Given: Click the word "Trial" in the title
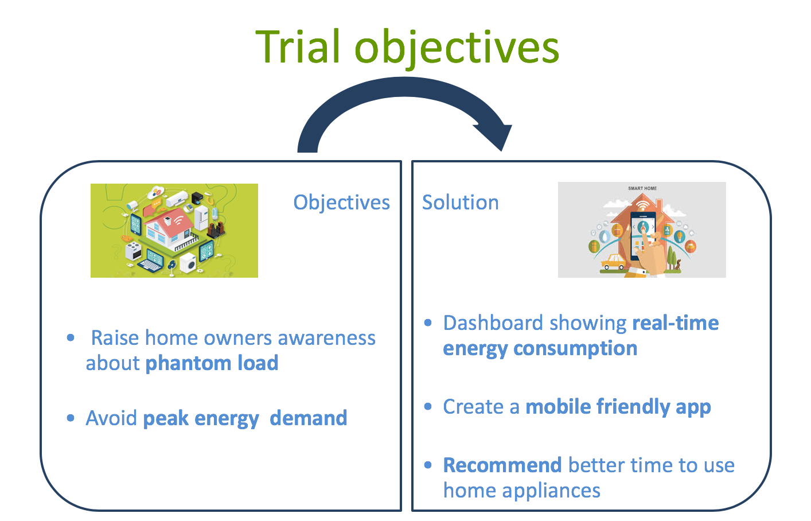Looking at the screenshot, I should tap(298, 47).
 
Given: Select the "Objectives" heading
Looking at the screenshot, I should tap(341, 203).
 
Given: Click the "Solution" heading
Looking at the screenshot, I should tap(460, 203).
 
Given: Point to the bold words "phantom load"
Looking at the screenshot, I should tap(212, 363).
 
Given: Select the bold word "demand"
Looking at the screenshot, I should tap(308, 418).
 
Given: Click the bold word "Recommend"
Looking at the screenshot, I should tap(502, 465).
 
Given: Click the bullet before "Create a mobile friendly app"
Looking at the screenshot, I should tap(428, 407).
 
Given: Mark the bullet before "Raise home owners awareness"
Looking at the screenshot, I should tap(71, 338).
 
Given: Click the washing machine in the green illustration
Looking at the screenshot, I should tap(188, 263).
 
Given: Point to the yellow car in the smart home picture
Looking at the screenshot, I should tap(613, 262).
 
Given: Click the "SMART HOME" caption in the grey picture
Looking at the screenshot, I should tap(642, 188).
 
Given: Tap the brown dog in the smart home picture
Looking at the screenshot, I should tap(678, 265).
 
